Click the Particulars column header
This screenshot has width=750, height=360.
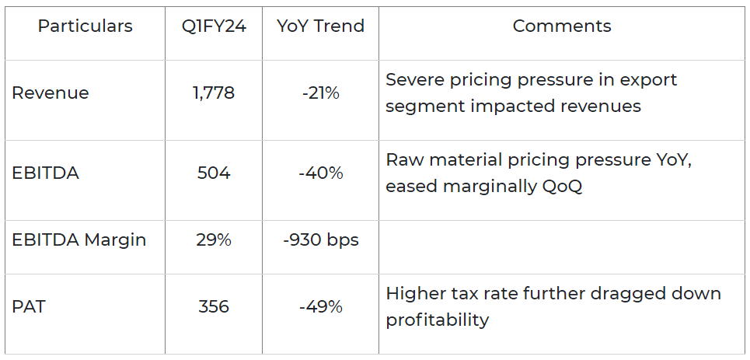tap(85, 26)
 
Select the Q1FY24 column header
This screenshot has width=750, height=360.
tap(214, 26)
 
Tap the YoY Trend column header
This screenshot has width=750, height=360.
tap(320, 26)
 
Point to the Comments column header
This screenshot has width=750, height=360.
tap(562, 26)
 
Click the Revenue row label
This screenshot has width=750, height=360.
tap(51, 93)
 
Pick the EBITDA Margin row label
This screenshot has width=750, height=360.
tap(79, 240)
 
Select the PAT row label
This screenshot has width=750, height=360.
tap(29, 307)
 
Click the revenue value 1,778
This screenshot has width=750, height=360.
tap(214, 93)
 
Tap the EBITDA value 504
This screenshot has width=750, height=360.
tap(214, 173)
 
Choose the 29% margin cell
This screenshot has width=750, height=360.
tap(214, 240)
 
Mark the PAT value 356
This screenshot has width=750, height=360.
tap(214, 307)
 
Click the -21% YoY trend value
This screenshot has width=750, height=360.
tap(321, 93)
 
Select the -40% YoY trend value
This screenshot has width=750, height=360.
tap(321, 173)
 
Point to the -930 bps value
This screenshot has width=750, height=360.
tap(321, 240)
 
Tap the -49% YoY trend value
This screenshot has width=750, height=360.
tap(321, 307)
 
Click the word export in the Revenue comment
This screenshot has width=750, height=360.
tap(651, 80)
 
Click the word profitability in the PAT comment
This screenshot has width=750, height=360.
tap(438, 320)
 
